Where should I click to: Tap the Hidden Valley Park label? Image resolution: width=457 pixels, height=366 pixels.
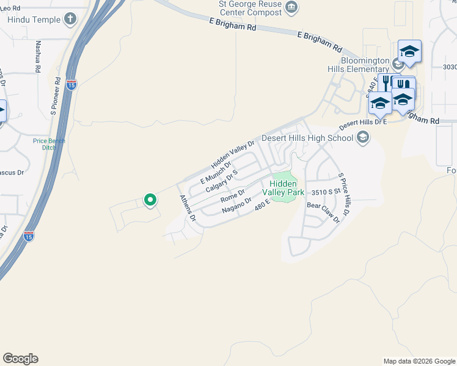tap(283, 187)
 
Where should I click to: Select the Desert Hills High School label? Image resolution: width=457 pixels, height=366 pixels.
tap(307, 138)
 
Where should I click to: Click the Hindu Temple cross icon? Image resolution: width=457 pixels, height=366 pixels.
tap(71, 18)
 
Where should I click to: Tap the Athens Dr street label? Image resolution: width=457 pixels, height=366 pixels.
tap(187, 207)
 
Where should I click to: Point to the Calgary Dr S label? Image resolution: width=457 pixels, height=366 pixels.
tap(221, 182)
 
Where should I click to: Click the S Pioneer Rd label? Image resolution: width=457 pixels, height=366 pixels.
tap(56, 96)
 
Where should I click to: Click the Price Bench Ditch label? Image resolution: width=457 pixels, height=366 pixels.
tap(49, 145)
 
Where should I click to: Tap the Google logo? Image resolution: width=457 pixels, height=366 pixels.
tap(20, 358)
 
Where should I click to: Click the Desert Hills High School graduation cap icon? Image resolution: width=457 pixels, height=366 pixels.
tap(364, 137)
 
